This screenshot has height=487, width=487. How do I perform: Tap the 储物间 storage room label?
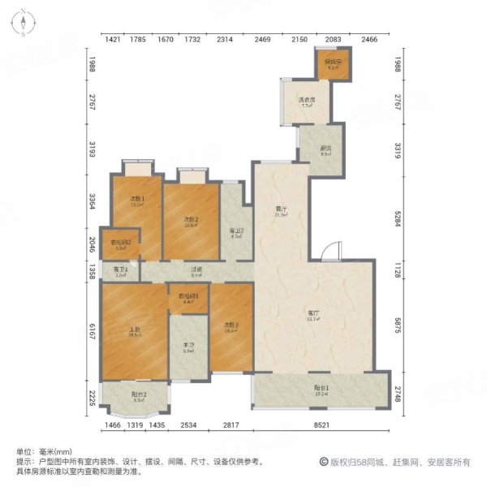coord(332,63)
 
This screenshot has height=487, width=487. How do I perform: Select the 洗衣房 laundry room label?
coord(307,101)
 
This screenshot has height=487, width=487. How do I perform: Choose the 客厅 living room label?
coord(312,314)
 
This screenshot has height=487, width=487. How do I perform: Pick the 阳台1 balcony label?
coord(321,387)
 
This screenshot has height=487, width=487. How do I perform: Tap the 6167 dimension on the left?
coord(93,333)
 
